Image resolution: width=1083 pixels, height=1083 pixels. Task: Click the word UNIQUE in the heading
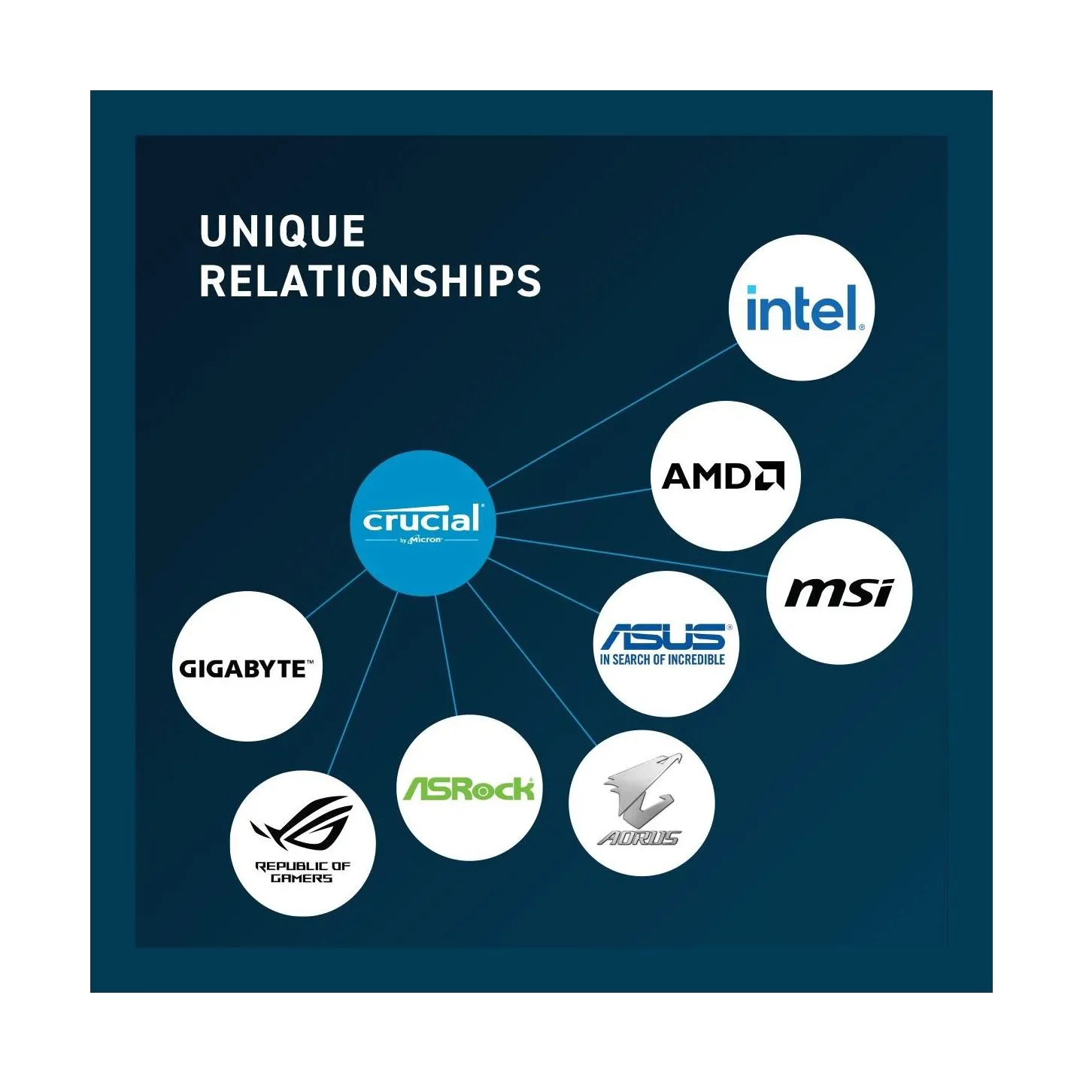(282, 231)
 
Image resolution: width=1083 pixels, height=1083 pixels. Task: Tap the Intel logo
(805, 308)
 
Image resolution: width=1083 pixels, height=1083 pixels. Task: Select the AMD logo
(723, 475)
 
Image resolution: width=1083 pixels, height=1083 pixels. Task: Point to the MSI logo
(839, 593)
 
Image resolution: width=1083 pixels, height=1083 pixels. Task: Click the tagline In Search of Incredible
(663, 660)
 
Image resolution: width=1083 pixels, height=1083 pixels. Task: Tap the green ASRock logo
(469, 789)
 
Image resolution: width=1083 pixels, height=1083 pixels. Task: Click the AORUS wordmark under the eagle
(639, 838)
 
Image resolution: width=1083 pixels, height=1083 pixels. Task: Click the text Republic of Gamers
(302, 872)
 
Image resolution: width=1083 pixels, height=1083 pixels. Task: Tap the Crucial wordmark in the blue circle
(423, 518)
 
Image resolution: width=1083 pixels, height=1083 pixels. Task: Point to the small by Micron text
(421, 540)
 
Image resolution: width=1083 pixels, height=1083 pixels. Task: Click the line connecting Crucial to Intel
(612, 416)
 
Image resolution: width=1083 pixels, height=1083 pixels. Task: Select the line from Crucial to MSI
(632, 557)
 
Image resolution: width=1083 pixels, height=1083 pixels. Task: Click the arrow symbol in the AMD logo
(769, 475)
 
